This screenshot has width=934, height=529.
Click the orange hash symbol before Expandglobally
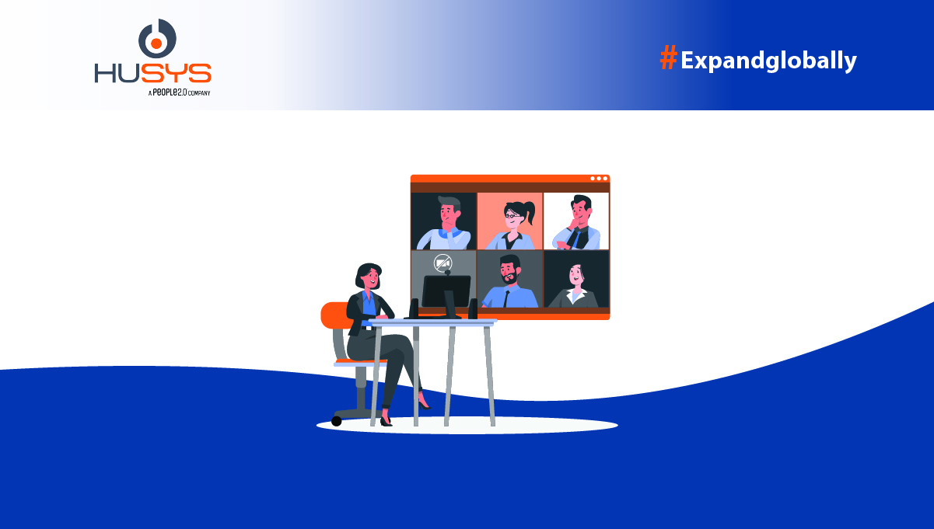tap(668, 57)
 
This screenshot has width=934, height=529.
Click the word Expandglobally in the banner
tap(768, 61)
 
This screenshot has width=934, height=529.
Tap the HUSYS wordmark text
tap(153, 73)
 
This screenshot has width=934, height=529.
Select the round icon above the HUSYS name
tap(157, 38)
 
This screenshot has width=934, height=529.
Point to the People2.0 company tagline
tap(180, 92)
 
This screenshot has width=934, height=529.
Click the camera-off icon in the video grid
tap(443, 263)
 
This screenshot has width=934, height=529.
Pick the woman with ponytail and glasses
tap(512, 224)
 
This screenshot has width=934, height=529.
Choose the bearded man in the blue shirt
tap(509, 281)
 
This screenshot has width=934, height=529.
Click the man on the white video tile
tap(578, 222)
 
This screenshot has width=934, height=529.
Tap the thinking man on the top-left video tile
tap(446, 223)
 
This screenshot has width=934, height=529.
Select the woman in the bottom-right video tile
tap(574, 286)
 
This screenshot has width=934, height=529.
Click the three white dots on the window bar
tap(599, 179)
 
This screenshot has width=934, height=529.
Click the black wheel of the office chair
tap(337, 421)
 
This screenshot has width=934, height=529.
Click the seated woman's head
tap(369, 277)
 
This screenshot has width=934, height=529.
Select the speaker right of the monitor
tap(473, 308)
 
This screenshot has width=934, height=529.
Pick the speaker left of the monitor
tap(414, 308)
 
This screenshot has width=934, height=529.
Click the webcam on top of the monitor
tap(447, 273)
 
